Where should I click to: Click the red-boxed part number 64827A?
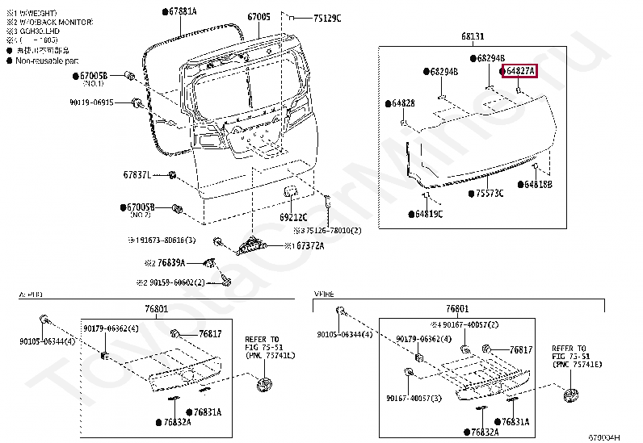pos(519,72)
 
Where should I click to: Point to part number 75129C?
pos(327,18)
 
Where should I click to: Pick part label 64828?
pos(401,103)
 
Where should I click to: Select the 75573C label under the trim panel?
pos(489,194)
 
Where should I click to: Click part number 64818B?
pos(536,185)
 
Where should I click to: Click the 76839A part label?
pos(170,263)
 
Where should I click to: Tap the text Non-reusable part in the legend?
pos(48,61)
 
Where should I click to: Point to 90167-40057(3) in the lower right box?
pos(414,399)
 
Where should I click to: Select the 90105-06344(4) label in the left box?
pos(48,341)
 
